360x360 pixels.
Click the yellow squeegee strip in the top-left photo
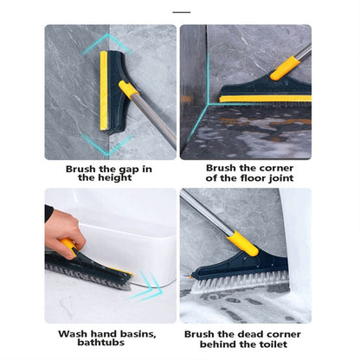tap(104, 90)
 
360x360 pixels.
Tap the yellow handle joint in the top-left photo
tap(129, 89)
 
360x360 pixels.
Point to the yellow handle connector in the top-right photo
tap(284, 67)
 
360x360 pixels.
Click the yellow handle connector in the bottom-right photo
tap(243, 243)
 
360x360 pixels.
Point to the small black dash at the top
tap(181, 12)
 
